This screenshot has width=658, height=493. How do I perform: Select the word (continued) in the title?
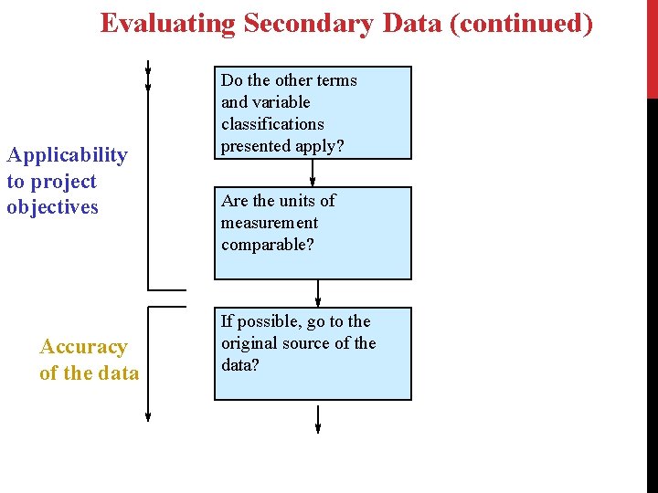point(523,23)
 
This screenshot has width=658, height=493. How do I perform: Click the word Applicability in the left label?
point(67,155)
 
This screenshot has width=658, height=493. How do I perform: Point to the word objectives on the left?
point(52,207)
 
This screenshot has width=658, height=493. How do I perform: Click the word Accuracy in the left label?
point(83,347)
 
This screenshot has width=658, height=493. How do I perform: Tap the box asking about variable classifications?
point(313,112)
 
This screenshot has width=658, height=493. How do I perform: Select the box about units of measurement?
point(313,233)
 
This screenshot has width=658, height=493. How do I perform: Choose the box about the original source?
point(313,353)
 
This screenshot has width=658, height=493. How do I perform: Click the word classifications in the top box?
point(272,124)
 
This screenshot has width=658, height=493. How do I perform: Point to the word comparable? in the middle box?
point(268,245)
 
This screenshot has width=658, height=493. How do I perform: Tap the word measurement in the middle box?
point(270,223)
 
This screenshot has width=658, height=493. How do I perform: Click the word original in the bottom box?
point(252,343)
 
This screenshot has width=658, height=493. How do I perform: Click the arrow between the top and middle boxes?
point(313,173)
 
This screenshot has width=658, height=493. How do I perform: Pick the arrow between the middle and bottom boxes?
point(318,293)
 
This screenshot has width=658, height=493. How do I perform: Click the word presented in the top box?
point(254,146)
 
